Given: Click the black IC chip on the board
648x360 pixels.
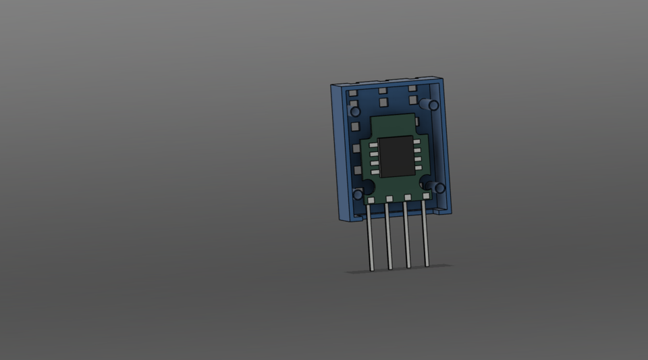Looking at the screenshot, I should click(396, 157).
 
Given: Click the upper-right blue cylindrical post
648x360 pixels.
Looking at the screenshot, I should click(431, 105).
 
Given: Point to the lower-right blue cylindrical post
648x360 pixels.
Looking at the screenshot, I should click(437, 187).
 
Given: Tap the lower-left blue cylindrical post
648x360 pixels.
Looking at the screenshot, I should click(358, 195).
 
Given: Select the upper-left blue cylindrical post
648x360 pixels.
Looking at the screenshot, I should click(355, 111).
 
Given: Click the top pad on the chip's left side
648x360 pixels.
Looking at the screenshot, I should click(373, 145).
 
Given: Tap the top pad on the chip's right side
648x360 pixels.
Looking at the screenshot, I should click(416, 141).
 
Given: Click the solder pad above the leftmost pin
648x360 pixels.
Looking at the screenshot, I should click(371, 201).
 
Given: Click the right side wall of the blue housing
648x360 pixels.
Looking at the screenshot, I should click(446, 145).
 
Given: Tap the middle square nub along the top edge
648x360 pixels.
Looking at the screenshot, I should click(382, 91).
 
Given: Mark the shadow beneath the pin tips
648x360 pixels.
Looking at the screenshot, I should click(398, 269).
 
